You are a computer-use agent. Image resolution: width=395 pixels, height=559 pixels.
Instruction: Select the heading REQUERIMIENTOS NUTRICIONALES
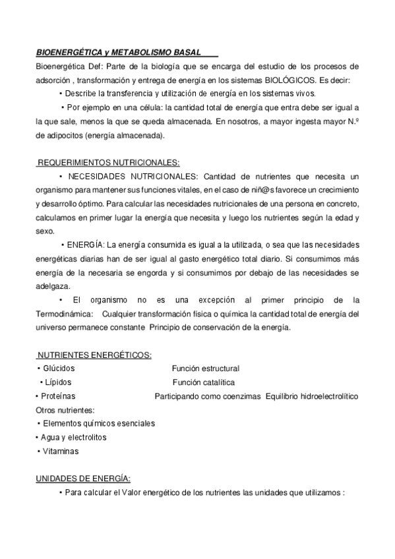pyautogui.click(x=108, y=162)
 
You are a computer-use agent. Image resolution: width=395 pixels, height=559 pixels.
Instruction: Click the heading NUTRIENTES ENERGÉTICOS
pyautogui.click(x=94, y=355)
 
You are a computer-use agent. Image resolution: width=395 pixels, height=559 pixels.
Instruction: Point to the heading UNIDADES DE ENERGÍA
pyautogui.click(x=82, y=479)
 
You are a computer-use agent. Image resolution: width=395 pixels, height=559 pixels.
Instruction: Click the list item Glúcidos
pyautogui.click(x=59, y=368)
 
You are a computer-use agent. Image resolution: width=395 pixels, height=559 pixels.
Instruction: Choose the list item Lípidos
pyautogui.click(x=59, y=382)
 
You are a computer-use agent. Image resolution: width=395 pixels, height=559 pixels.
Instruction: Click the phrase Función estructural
pyautogui.click(x=205, y=368)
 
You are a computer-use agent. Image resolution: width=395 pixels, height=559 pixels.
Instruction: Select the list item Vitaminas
pyautogui.click(x=60, y=451)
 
